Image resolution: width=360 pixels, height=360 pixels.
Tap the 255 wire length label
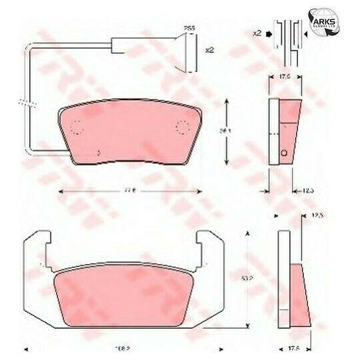(189, 28)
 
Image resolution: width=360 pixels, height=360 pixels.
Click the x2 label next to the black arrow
(257, 32)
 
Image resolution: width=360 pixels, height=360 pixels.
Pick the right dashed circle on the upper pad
(181, 127)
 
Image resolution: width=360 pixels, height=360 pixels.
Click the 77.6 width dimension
(128, 191)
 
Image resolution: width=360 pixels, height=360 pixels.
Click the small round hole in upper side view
(285, 154)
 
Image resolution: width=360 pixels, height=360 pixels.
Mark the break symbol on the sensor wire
(27, 103)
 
